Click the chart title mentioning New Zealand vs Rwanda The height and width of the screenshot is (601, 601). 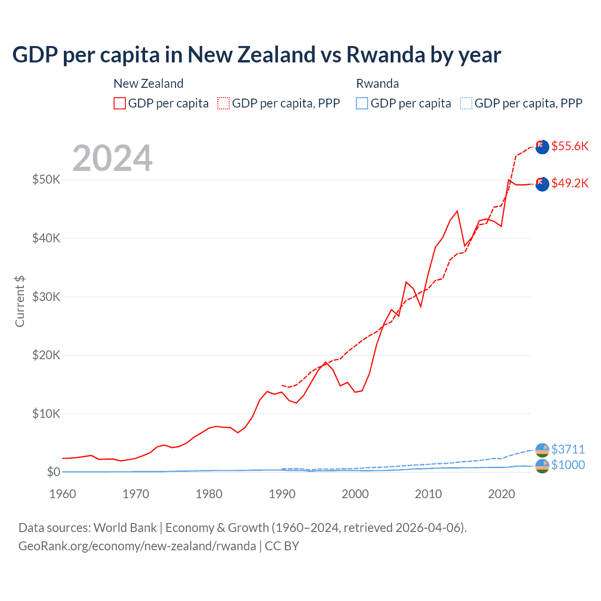click(256, 55)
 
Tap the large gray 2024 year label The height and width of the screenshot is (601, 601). click(112, 158)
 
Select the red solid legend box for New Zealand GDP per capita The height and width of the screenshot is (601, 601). click(120, 103)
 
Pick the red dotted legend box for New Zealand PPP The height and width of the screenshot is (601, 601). click(223, 103)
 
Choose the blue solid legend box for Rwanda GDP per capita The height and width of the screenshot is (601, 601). click(362, 103)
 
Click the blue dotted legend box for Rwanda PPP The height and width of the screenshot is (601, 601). click(466, 103)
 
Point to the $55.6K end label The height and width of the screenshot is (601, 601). click(570, 146)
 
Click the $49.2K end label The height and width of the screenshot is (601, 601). click(570, 183)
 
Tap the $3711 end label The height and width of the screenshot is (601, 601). click(568, 449)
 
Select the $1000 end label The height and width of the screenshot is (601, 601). click(568, 465)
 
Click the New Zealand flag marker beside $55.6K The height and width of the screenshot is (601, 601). click(542, 146)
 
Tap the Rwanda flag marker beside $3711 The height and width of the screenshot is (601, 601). click(542, 450)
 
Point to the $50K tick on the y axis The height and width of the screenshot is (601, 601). click(46, 179)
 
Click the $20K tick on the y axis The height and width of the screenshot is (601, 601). click(46, 355)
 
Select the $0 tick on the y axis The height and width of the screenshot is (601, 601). click(54, 472)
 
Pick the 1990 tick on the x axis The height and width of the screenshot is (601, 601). click(282, 494)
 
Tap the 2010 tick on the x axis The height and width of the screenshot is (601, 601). click(428, 494)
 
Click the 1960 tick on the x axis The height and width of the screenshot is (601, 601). click(63, 494)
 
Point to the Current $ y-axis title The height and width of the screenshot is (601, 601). click(20, 301)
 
